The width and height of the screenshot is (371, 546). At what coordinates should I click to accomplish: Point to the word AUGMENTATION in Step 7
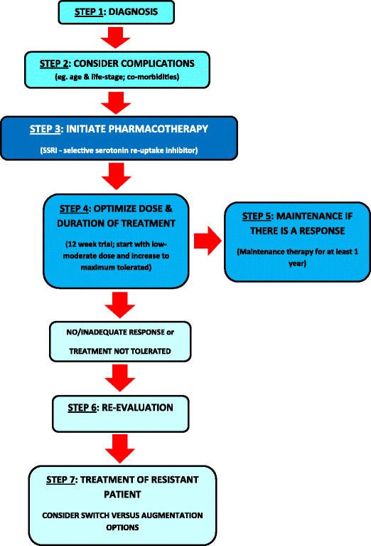pyautogui.click(x=163, y=515)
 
